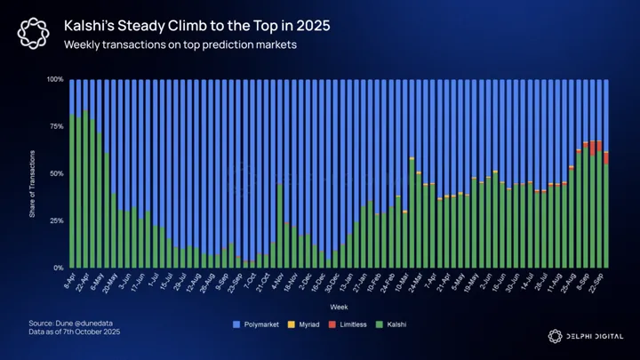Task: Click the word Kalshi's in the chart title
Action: (97, 27)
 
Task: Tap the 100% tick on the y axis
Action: (54, 79)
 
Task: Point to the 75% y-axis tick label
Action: (56, 126)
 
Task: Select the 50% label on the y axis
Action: (56, 173)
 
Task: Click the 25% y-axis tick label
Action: (56, 220)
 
